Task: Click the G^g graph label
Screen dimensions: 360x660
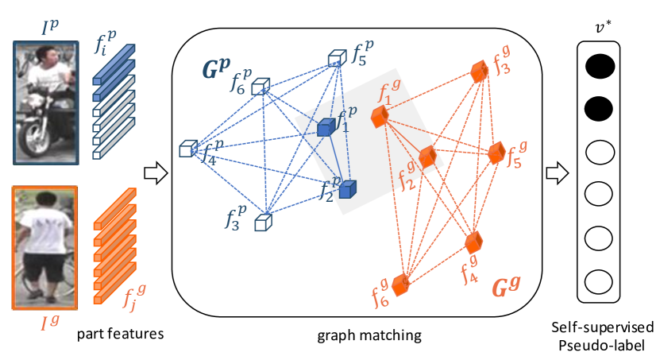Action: pyautogui.click(x=508, y=286)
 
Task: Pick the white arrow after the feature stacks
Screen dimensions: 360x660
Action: pyautogui.click(x=156, y=173)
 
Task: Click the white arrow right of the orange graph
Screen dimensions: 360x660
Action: pyautogui.click(x=558, y=173)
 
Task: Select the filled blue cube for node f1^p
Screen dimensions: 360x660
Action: pyautogui.click(x=326, y=127)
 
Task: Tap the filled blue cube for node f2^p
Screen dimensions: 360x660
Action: pyautogui.click(x=347, y=189)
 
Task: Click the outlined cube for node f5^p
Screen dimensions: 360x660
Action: pyautogui.click(x=337, y=58)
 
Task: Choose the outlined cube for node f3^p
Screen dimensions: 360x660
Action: pyautogui.click(x=263, y=223)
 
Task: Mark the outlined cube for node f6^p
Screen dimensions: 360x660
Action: pyautogui.click(x=261, y=87)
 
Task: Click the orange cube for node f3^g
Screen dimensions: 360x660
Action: pyautogui.click(x=479, y=72)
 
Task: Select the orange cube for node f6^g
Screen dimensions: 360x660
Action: pyautogui.click(x=400, y=285)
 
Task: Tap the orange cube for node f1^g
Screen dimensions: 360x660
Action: pyautogui.click(x=380, y=117)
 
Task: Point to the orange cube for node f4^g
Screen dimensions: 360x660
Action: pyautogui.click(x=473, y=242)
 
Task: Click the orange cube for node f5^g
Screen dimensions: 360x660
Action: pyautogui.click(x=496, y=153)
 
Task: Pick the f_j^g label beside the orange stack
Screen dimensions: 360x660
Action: pyautogui.click(x=134, y=296)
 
